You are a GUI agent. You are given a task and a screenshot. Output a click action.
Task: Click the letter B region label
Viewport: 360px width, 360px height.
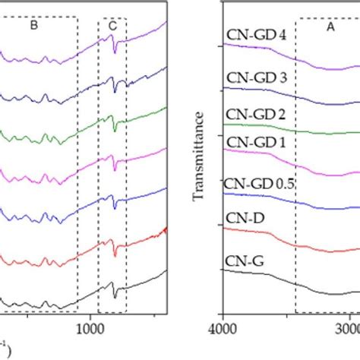point(33,25)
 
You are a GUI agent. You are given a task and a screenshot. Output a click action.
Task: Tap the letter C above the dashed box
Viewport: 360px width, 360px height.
point(112,26)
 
